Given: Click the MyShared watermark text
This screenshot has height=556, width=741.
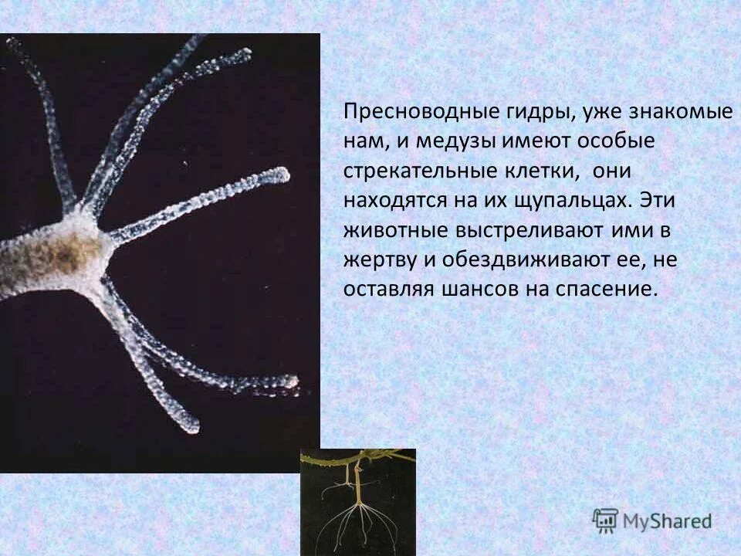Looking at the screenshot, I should [666, 521].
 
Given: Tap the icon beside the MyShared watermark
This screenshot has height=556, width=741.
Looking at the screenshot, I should [605, 521].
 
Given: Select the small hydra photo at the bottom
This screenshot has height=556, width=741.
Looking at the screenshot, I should [357, 502].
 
